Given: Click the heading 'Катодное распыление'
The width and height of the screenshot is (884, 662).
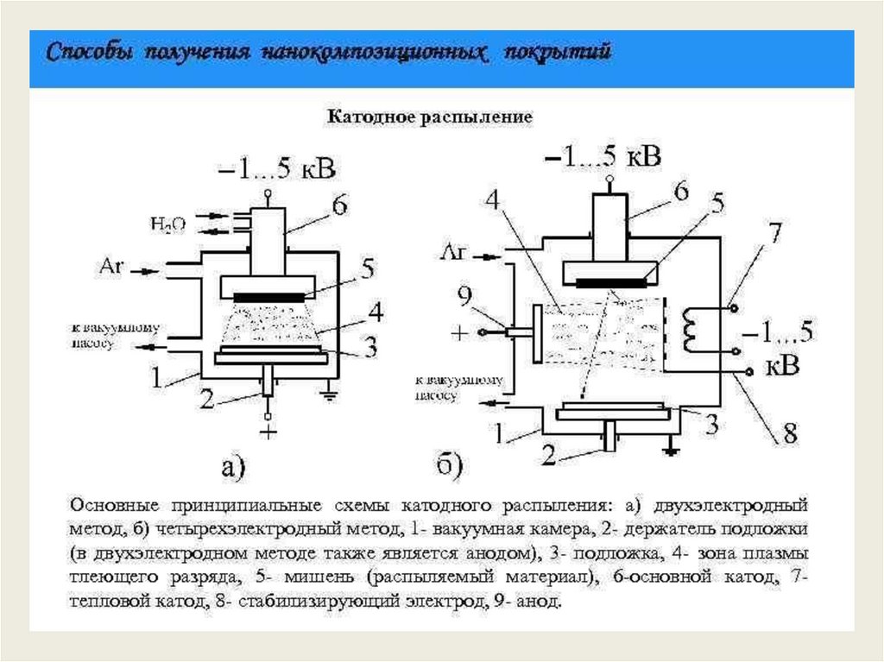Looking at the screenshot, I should coord(428,116).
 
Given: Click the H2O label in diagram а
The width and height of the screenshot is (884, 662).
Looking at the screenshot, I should coord(167,224).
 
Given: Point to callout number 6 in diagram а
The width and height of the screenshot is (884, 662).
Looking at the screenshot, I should coord(338,205).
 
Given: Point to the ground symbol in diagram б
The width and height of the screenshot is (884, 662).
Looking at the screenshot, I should coord(669,449).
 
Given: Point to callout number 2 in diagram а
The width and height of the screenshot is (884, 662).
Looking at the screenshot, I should coord(205,399).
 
